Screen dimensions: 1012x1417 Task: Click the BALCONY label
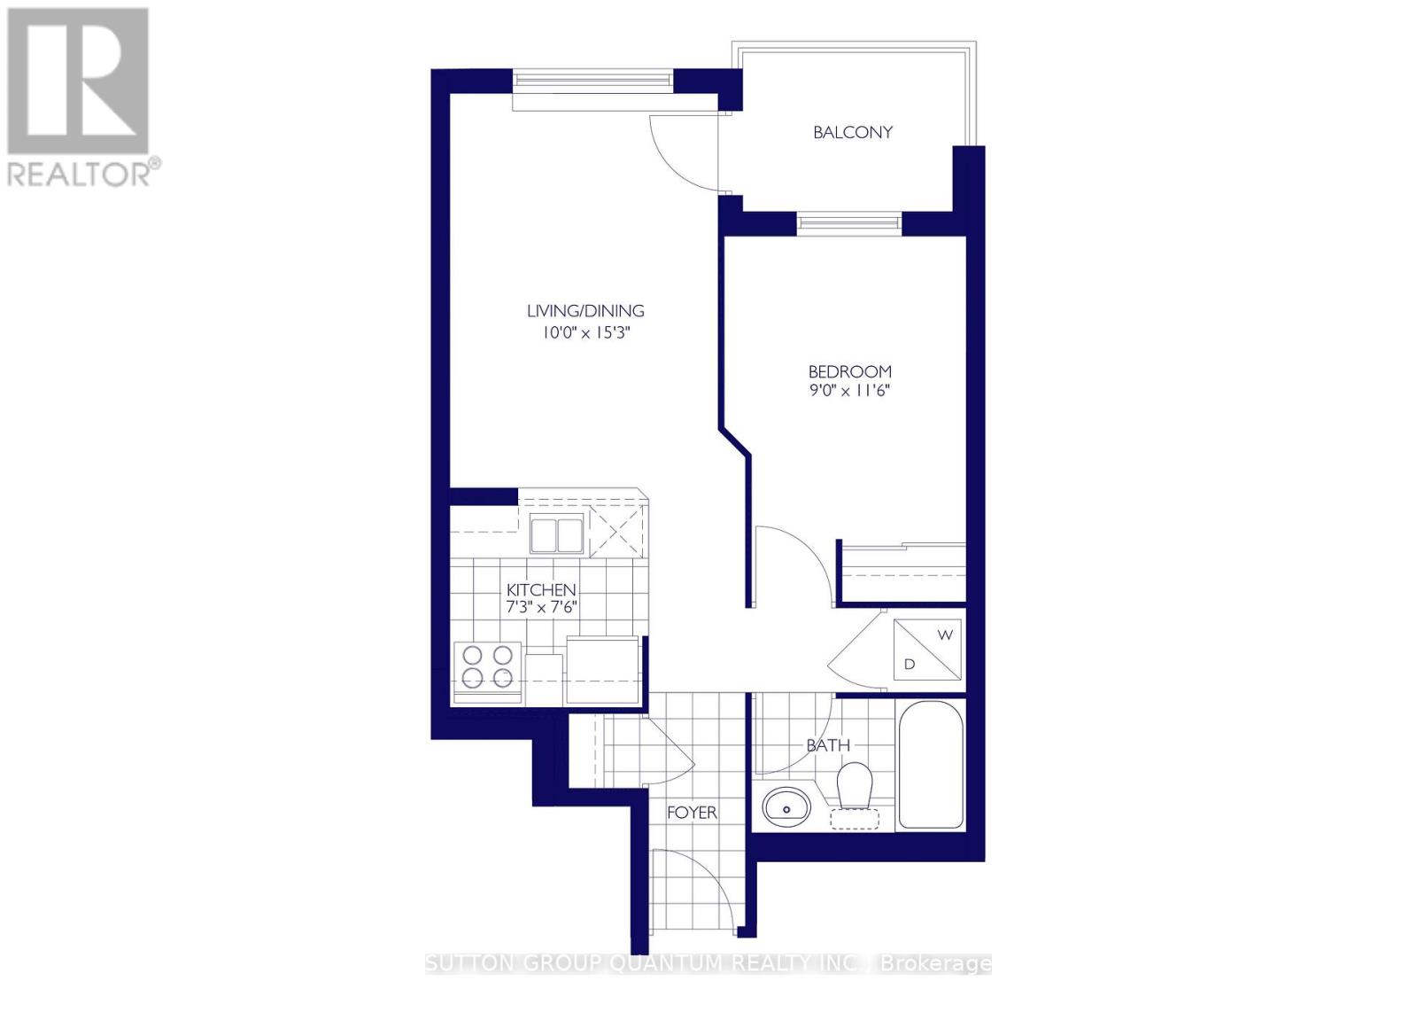(852, 133)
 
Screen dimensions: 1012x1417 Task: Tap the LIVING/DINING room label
(585, 311)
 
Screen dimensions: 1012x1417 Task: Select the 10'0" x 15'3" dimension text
(585, 334)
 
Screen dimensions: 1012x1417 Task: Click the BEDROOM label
(849, 371)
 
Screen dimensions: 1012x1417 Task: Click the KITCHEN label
(541, 589)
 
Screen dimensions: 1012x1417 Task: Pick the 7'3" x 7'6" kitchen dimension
(541, 608)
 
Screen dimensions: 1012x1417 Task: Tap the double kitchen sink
(557, 534)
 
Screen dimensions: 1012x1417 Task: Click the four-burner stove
(487, 666)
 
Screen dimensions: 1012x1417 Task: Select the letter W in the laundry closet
(945, 635)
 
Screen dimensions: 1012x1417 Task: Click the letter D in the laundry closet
(909, 664)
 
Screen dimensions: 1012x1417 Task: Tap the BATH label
(828, 746)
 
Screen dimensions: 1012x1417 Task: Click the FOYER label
(692, 813)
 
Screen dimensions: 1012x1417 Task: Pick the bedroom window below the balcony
(848, 222)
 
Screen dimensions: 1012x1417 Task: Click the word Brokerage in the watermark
(936, 963)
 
